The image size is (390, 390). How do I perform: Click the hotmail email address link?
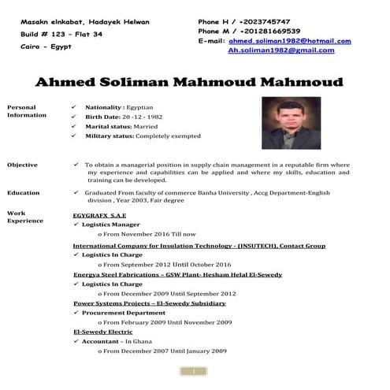pyautogui.click(x=290, y=41)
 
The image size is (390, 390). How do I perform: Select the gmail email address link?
pyautogui.click(x=280, y=50)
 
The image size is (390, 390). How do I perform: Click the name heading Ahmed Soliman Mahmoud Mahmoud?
pyautogui.click(x=190, y=82)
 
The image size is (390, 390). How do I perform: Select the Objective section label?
pyautogui.click(x=22, y=165)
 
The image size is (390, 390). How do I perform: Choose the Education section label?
pyautogui.click(x=24, y=192)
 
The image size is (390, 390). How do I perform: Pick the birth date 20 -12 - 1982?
pyautogui.click(x=145, y=117)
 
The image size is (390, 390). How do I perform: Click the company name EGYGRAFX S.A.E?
pyautogui.click(x=99, y=214)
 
